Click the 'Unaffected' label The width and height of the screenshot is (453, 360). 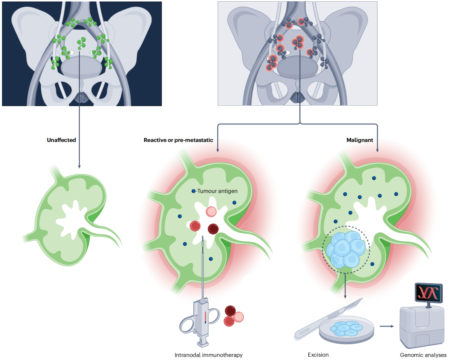coord(61,140)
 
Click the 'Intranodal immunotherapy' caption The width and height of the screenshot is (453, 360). coord(208,355)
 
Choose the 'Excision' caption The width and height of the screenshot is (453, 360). coord(318,355)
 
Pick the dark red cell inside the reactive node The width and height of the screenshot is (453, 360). coord(213,229)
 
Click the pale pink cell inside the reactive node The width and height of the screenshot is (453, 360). coord(212,211)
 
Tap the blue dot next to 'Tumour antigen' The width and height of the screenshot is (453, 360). coord(193,191)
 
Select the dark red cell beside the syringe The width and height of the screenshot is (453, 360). coord(231,310)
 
